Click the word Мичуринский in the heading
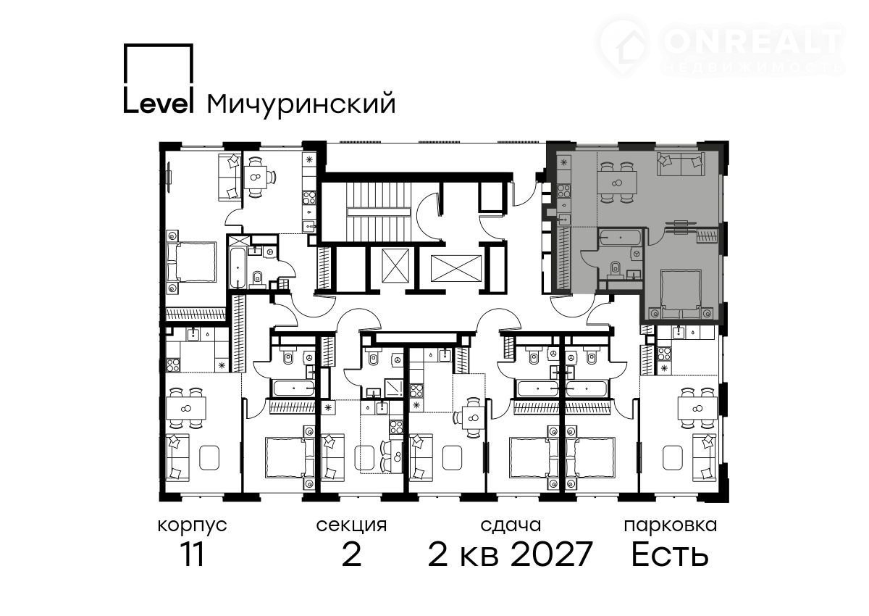(301, 104)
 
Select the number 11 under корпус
(193, 554)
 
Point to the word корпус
(193, 526)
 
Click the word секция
(351, 525)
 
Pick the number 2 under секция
(352, 554)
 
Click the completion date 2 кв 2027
(510, 554)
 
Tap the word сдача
(511, 525)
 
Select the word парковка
(671, 525)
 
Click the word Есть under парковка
(670, 554)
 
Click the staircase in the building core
(379, 212)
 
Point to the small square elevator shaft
(395, 266)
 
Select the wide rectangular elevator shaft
(456, 268)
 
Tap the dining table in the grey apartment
(617, 183)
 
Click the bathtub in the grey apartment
(621, 237)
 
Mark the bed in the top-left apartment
(191, 262)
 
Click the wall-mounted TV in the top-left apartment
(169, 178)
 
